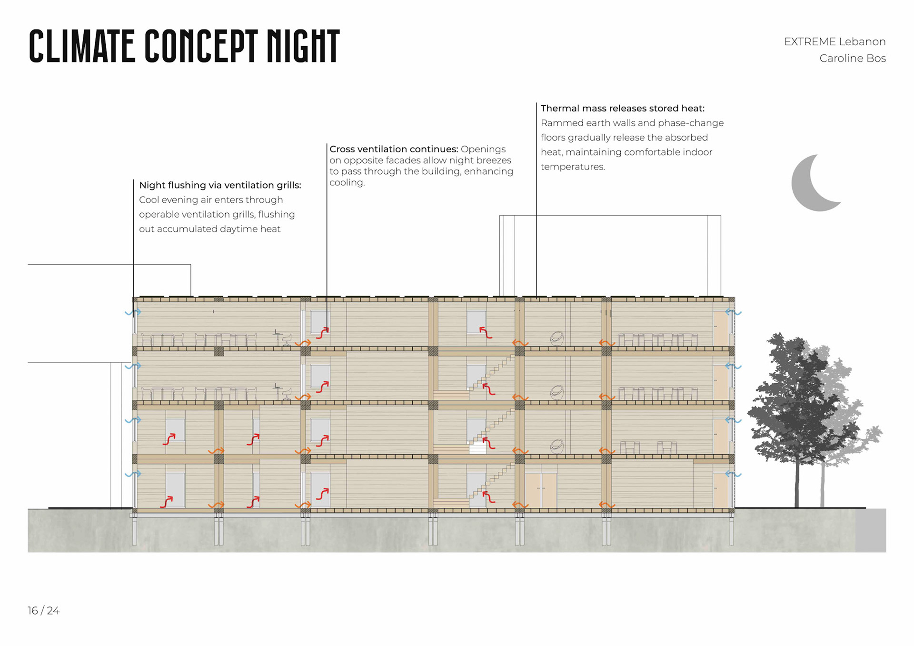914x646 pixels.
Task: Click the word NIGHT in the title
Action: tap(303, 46)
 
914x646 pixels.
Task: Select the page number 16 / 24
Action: tap(43, 611)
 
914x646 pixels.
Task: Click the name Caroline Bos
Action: tap(852, 59)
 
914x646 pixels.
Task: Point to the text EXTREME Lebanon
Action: tap(835, 42)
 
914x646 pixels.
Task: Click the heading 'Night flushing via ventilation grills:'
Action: tap(220, 185)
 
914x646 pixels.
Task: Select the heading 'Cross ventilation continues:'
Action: tap(394, 149)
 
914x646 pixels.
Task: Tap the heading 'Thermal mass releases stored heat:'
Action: tap(622, 109)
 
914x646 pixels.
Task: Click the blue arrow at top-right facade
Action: tap(733, 313)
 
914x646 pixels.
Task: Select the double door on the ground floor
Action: tap(541, 490)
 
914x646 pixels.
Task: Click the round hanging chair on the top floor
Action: tap(556, 338)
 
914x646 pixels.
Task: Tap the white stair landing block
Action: tap(477, 448)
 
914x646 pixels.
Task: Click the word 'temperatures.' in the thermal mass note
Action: tap(573, 167)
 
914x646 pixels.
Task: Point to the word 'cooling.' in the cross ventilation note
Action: tap(347, 183)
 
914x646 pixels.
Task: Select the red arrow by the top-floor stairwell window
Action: tap(486, 332)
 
